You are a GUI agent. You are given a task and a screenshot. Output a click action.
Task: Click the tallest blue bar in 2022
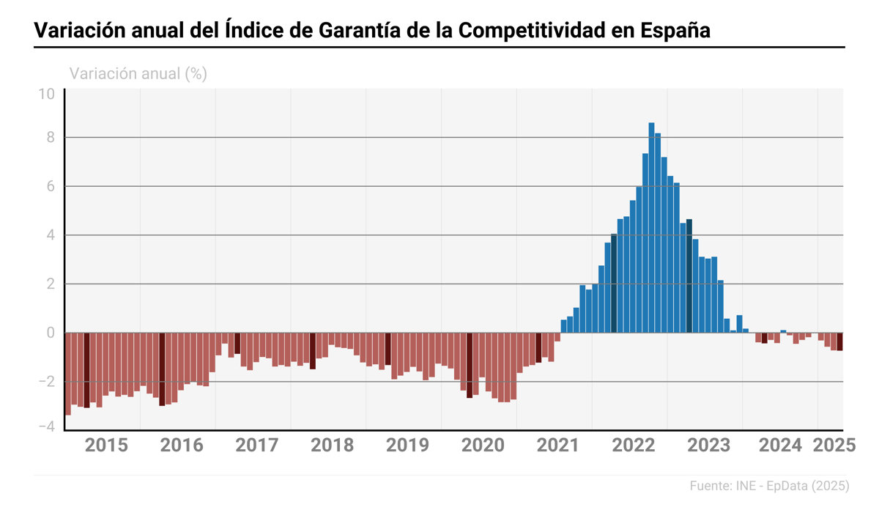pos(651,227)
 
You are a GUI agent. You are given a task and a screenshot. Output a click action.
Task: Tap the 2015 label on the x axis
pos(106,445)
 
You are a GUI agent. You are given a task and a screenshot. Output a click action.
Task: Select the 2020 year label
pos(483,445)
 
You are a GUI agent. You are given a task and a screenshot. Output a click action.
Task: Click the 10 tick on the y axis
pos(47,95)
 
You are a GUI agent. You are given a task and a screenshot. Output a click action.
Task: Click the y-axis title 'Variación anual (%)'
pos(138,73)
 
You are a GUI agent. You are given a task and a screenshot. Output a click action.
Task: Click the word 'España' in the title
pos(674,31)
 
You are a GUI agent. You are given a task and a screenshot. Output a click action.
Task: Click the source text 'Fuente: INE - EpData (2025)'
pos(769,486)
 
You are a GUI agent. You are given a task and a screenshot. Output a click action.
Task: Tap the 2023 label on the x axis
pos(708,445)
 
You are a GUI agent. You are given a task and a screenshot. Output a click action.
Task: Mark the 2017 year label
pos(257,445)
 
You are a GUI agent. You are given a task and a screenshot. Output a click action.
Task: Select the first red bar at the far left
pos(68,374)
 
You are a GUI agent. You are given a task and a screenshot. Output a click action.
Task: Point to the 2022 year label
pos(633,445)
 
